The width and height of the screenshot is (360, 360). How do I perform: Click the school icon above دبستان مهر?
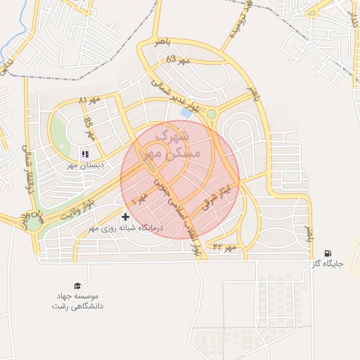coord(85,154)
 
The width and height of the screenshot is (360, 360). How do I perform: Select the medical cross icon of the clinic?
coord(126,217)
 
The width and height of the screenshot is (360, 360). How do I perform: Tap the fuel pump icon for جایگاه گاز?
coord(327,253)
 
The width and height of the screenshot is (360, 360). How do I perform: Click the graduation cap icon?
coord(77,285)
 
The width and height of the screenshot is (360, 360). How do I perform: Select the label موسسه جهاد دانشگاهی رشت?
coord(77,302)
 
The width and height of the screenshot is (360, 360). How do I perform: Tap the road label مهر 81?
coord(90,100)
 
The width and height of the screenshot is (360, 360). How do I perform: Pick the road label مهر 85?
coord(89,128)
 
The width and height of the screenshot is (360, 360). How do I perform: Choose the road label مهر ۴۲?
coord(227,247)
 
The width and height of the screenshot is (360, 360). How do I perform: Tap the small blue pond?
coord(186,112)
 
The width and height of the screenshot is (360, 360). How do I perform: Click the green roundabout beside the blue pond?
coord(211,113)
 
